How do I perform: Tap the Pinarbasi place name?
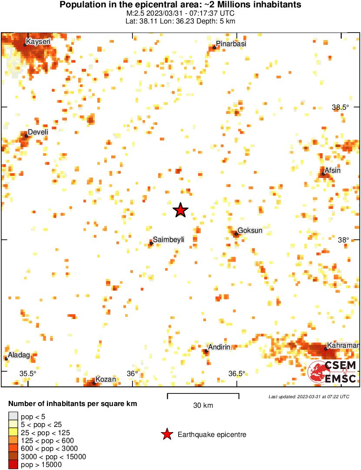[x=228, y=44]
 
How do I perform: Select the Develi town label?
[x=37, y=132]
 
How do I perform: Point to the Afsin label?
[x=333, y=171]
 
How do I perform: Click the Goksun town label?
[x=250, y=230]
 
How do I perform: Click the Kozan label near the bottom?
[x=106, y=379]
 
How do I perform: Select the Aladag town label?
[x=19, y=355]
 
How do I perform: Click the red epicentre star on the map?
[x=180, y=210]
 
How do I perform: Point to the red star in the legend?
[x=166, y=434]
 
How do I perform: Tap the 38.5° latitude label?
[x=340, y=107]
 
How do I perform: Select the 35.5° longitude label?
[x=28, y=373]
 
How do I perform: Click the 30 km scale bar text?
[x=203, y=406]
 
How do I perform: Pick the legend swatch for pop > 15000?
[x=13, y=465]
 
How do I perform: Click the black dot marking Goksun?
[x=236, y=234]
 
